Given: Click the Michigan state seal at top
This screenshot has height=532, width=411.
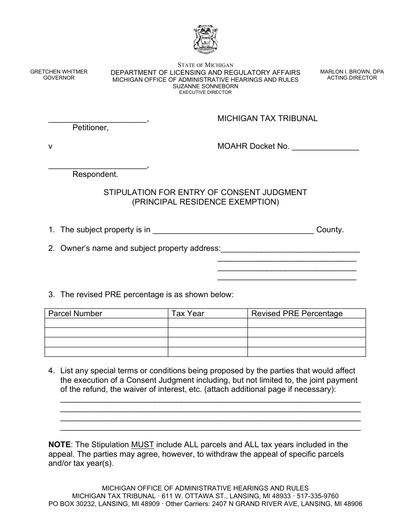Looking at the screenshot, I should tap(205, 39).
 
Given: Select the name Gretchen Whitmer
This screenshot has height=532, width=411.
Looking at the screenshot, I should tap(59, 72).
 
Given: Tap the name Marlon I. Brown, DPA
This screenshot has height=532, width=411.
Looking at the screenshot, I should tap(352, 72).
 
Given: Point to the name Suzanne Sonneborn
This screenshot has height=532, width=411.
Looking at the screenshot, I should tap(205, 86).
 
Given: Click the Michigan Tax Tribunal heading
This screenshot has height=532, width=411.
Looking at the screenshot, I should tap(267, 119).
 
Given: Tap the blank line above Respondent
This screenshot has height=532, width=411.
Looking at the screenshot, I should tap(97, 167).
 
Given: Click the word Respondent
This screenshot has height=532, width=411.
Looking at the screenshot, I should tap(95, 175).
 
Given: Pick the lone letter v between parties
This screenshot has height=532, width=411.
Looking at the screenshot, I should tap(50, 147).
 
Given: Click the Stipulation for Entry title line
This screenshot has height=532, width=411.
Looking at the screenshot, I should tap(205, 192).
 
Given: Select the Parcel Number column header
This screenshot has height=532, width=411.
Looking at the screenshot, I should tap(75, 314).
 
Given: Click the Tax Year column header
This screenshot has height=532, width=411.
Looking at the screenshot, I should tap(188, 314).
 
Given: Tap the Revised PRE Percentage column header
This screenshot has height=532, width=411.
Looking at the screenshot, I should tap(297, 314).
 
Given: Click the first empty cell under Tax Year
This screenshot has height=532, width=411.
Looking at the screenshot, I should tap(208, 323).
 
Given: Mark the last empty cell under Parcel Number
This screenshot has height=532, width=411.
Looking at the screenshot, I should tap(106, 352).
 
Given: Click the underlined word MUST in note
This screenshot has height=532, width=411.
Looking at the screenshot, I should tap(142, 445).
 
